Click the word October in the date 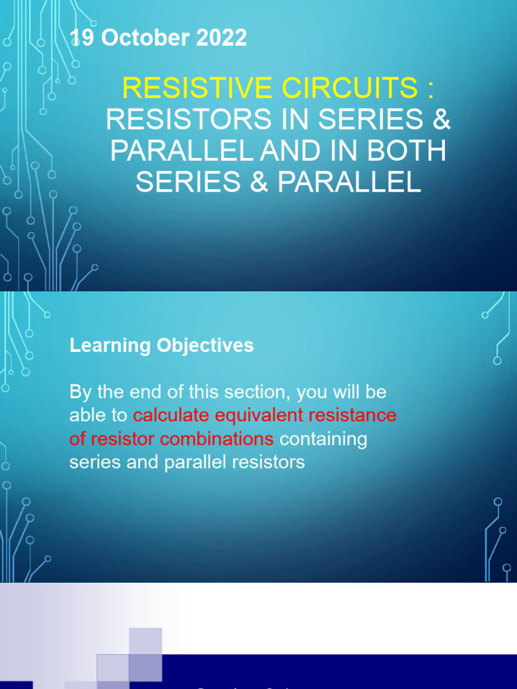point(143,38)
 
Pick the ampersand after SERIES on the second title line point(440,120)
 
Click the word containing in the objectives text point(323,439)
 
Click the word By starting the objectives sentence point(79,391)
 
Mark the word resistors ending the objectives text point(269,463)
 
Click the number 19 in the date point(83,38)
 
